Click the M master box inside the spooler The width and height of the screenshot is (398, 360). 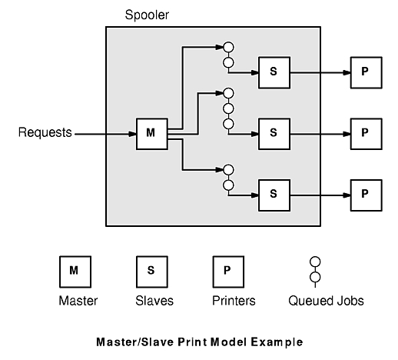(152, 134)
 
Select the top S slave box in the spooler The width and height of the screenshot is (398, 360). (274, 72)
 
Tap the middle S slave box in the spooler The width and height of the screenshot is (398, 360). (274, 134)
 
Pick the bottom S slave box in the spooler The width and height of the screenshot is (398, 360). (274, 195)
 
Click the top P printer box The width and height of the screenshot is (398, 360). (366, 72)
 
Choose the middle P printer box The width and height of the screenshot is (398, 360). (366, 134)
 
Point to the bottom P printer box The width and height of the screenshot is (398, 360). (366, 195)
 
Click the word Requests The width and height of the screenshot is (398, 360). (45, 132)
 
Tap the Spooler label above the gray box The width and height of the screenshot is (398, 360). (147, 15)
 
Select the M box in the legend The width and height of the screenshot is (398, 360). (75, 272)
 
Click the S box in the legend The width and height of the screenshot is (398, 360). (152, 272)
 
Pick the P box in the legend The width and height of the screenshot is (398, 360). (228, 272)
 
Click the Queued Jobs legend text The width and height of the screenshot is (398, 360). (326, 301)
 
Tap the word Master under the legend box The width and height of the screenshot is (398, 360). (78, 301)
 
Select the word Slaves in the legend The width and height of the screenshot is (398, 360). (154, 301)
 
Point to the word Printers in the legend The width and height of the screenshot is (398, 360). (234, 301)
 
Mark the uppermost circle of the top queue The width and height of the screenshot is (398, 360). (228, 47)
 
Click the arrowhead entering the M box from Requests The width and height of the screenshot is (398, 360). (132, 134)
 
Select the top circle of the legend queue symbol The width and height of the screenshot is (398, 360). (315, 262)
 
